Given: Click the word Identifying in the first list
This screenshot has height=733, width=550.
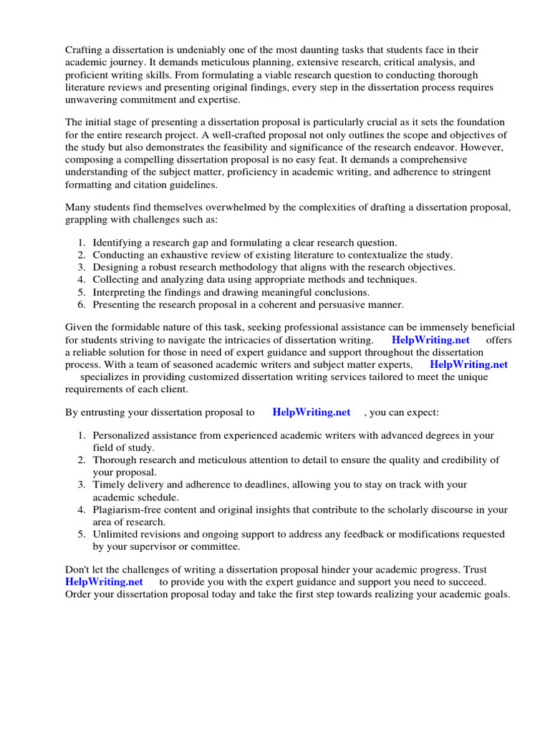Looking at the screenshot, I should (119, 243).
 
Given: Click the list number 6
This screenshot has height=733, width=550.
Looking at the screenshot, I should (82, 304).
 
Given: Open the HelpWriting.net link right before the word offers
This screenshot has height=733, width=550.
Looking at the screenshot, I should (430, 340).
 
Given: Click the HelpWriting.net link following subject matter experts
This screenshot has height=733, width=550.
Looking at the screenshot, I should (468, 364).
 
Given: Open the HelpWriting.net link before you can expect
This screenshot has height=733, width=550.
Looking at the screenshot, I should (312, 412).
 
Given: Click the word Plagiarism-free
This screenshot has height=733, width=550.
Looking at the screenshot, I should (130, 510).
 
